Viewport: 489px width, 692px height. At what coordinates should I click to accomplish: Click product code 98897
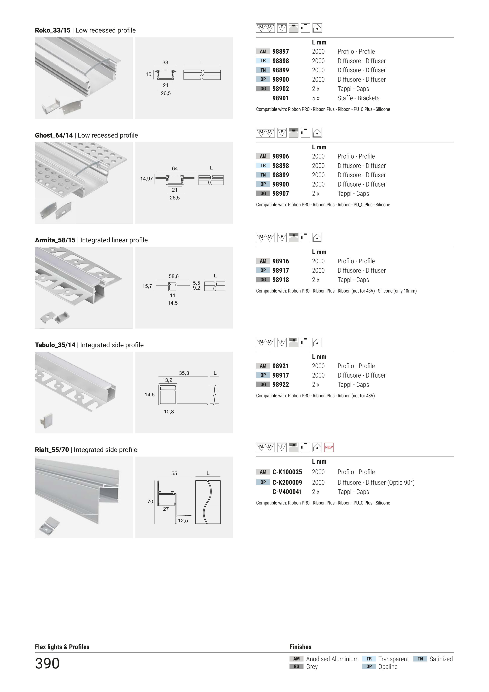pos(280,52)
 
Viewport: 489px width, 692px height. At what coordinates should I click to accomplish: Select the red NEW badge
pos(329,447)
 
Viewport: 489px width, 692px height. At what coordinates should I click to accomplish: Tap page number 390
pos(47,663)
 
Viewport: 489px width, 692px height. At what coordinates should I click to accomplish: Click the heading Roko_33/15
pos(53,30)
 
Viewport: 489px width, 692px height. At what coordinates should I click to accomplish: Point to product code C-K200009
pos(287,483)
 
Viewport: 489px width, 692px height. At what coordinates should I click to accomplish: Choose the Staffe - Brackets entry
pos(358,98)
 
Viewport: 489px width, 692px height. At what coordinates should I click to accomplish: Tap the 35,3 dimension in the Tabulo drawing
pos(184,373)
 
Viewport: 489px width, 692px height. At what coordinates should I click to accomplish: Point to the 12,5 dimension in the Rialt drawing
pos(183,521)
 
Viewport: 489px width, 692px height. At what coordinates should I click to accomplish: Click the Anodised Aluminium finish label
pos(332,659)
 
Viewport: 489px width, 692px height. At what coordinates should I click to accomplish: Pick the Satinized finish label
pos(441,659)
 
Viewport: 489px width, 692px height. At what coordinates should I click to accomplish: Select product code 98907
pos(280,194)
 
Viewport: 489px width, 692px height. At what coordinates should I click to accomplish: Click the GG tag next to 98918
pos(263,280)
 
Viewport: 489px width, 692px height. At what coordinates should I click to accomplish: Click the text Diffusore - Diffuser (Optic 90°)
pos(376,483)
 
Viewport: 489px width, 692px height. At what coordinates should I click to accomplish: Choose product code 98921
pos(280,366)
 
